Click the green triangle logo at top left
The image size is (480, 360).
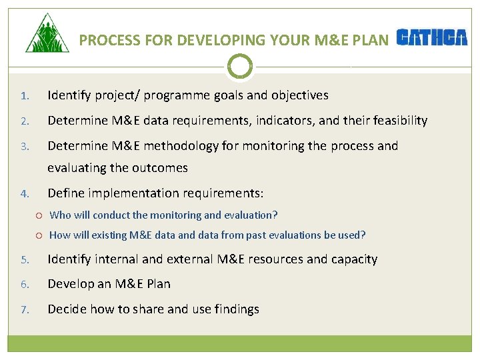pyautogui.click(x=47, y=35)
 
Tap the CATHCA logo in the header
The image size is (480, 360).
pyautogui.click(x=432, y=38)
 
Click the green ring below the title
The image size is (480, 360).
pyautogui.click(x=240, y=66)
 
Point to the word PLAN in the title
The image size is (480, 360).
pyautogui.click(x=371, y=40)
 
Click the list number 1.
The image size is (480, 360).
pyautogui.click(x=24, y=96)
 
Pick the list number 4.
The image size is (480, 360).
pyautogui.click(x=24, y=194)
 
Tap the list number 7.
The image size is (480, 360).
pyautogui.click(x=24, y=309)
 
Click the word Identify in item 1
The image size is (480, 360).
pyautogui.click(x=69, y=95)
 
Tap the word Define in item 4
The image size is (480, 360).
pyautogui.click(x=65, y=193)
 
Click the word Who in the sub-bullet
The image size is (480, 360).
pyautogui.click(x=60, y=215)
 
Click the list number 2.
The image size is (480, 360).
pyautogui.click(x=24, y=121)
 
